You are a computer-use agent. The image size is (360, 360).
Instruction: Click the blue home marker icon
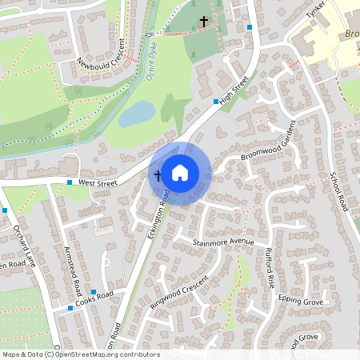(180, 172)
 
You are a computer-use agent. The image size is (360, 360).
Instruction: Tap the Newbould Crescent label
(102, 52)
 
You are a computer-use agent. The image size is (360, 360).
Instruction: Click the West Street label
(98, 184)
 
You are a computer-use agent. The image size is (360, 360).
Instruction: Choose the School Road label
(340, 192)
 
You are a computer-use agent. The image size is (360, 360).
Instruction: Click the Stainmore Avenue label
(223, 241)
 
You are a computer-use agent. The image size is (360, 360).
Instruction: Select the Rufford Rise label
(270, 268)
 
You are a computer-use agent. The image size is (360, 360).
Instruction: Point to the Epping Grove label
(300, 302)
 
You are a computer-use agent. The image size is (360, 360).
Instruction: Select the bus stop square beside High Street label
(215, 102)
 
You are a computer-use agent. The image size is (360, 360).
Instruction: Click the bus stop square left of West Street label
(70, 183)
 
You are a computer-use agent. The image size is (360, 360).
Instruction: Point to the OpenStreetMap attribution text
(80, 354)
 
